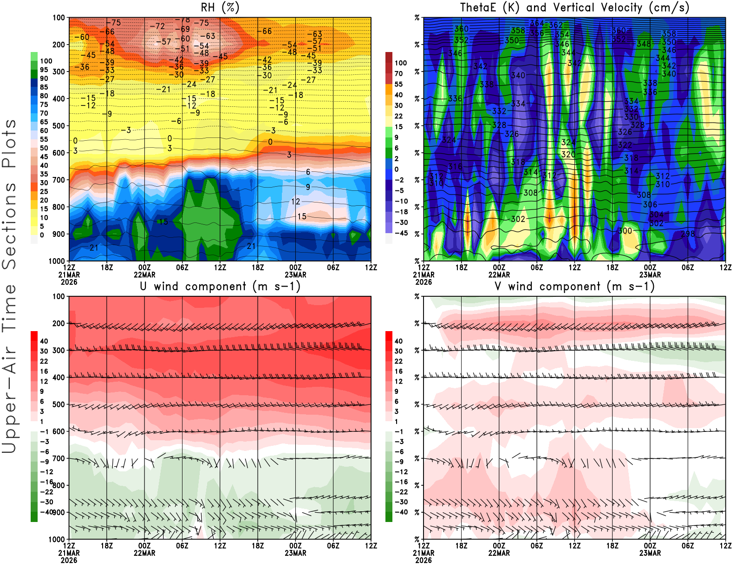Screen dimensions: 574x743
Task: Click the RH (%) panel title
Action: click(x=220, y=7)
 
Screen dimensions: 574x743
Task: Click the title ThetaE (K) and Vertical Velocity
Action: click(x=574, y=7)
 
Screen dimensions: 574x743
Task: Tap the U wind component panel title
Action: click(x=220, y=286)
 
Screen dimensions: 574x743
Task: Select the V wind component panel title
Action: click(x=574, y=286)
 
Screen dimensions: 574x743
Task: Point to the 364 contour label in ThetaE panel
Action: click(x=536, y=23)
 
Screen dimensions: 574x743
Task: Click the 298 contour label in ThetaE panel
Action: click(x=688, y=234)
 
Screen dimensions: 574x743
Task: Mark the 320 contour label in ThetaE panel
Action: click(x=568, y=154)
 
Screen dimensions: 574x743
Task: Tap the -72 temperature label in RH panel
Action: click(x=157, y=26)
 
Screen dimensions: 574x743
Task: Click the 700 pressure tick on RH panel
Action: click(x=59, y=180)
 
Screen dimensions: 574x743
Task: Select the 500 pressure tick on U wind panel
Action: click(x=59, y=404)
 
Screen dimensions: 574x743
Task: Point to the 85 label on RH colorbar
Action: click(x=44, y=87)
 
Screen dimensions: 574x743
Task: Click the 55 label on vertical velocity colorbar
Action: click(x=398, y=84)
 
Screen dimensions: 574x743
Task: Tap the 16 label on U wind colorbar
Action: click(x=44, y=371)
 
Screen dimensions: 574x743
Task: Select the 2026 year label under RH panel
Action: click(x=69, y=282)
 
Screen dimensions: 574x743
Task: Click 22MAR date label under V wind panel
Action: click(x=499, y=553)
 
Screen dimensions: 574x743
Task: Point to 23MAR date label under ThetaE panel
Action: click(x=650, y=274)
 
